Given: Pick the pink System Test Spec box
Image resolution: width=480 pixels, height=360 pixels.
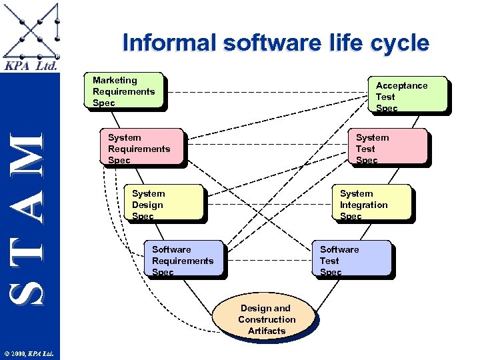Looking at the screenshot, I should click(x=390, y=147).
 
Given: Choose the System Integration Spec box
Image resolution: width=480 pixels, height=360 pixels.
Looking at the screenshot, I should click(x=373, y=203).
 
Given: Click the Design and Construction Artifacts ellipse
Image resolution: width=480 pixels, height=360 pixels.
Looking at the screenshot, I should click(x=267, y=319).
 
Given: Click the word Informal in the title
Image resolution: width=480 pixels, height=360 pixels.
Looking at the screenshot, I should click(x=171, y=43).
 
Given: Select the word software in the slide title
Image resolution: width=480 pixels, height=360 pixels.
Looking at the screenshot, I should click(x=273, y=43).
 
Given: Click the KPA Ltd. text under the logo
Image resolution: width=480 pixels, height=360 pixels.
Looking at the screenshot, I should click(x=31, y=66).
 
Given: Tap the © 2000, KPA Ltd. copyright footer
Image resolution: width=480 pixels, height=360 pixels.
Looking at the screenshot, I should click(x=30, y=353).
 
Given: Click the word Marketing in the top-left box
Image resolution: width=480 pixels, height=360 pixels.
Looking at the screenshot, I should click(x=115, y=80).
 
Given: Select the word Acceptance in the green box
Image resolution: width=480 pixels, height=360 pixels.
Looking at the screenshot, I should click(x=401, y=85).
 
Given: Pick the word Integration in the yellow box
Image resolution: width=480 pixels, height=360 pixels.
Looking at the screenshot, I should click(x=363, y=205).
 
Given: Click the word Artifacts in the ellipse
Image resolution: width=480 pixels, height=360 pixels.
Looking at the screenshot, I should click(x=267, y=331).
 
